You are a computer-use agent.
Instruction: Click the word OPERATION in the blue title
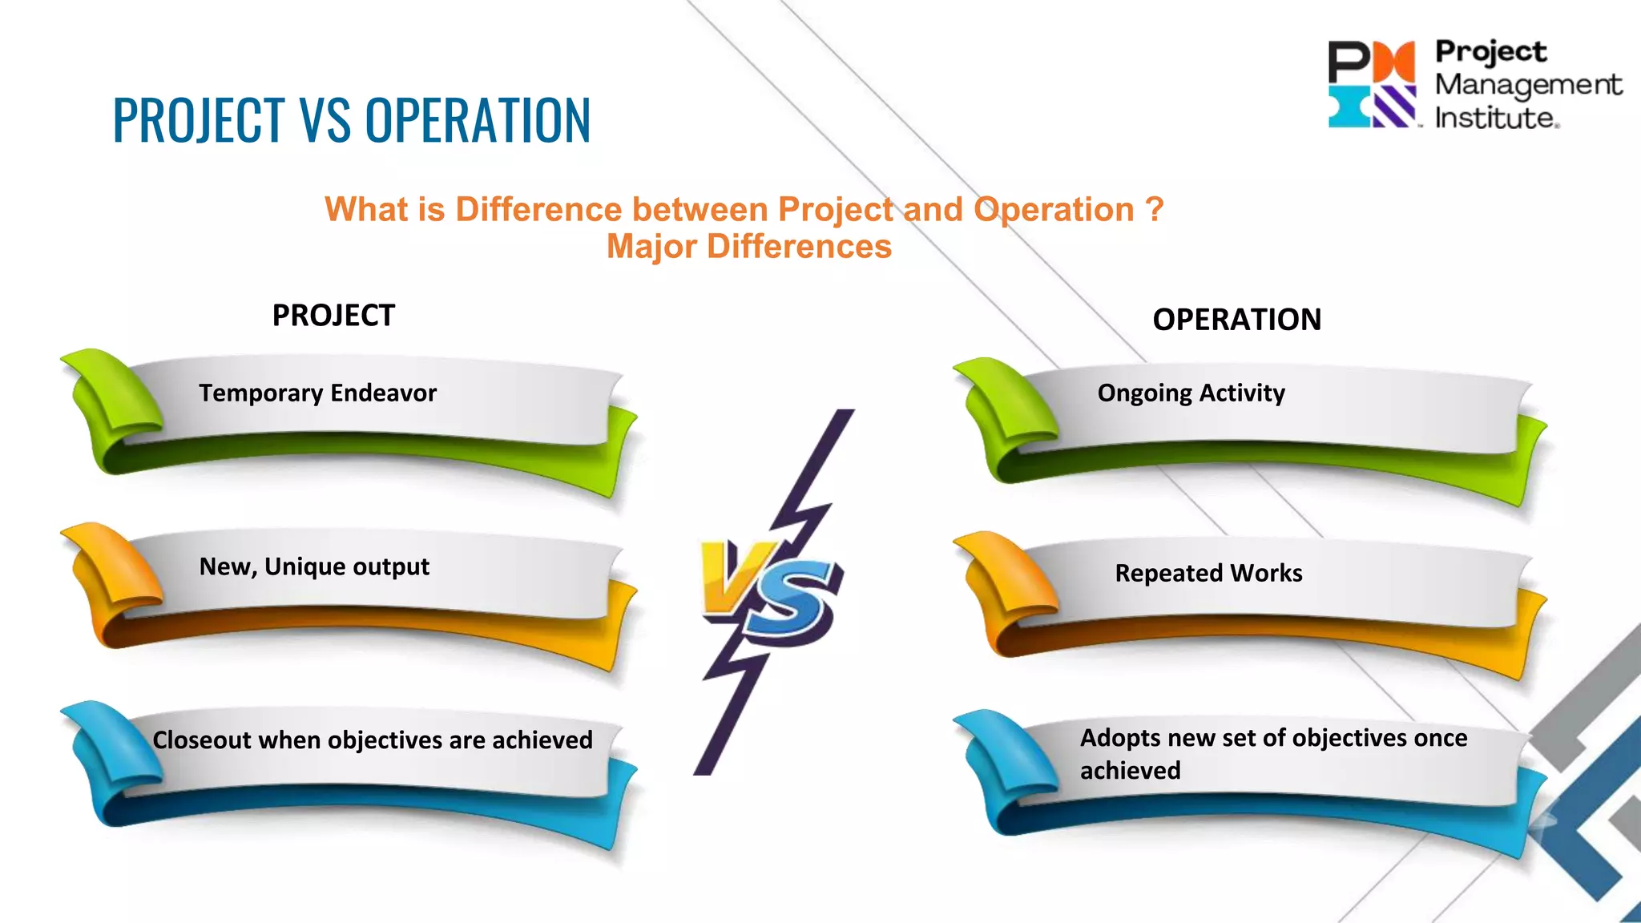point(478,120)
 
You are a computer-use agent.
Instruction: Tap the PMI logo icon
point(1372,84)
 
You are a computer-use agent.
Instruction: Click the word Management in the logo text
point(1527,84)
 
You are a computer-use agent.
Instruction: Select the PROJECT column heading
point(333,316)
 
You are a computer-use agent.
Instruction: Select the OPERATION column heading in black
point(1236,320)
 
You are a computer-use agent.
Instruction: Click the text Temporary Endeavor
point(317,393)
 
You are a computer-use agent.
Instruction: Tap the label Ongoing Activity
point(1191,393)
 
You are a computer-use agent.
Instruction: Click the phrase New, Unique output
point(314,566)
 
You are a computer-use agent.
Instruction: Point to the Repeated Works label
point(1208,573)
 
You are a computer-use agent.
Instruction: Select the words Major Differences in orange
point(748,246)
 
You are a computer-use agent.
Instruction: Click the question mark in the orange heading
point(1154,210)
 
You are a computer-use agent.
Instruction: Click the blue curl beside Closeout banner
point(112,745)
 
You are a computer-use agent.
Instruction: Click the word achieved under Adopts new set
point(1130,771)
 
